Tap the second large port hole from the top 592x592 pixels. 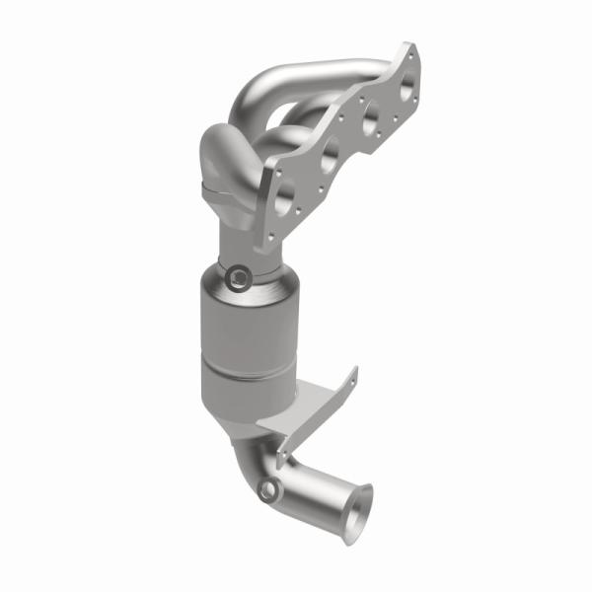pyautogui.click(x=370, y=121)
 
